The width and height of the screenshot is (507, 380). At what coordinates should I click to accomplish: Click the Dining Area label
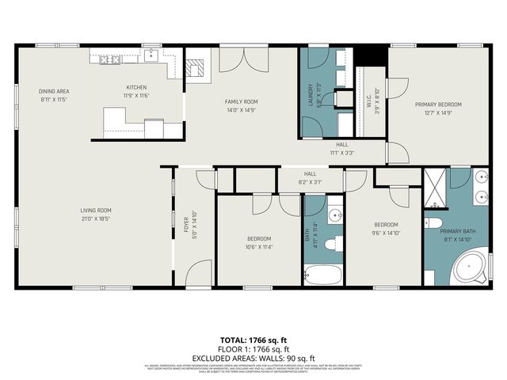54,91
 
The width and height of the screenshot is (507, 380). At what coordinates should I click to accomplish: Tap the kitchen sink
151,54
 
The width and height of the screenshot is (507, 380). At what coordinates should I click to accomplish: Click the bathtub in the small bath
323,275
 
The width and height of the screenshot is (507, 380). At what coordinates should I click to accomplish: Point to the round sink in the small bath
334,215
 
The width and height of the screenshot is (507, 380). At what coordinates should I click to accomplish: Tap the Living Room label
97,210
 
